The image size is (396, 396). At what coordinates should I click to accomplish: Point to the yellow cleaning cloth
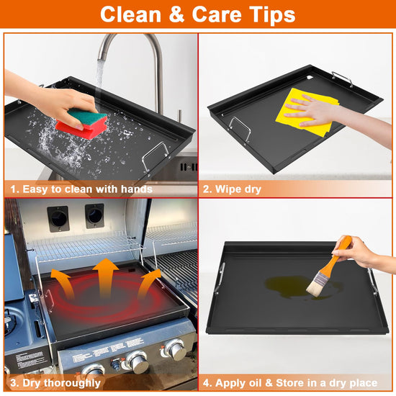pyautogui.click(x=307, y=112)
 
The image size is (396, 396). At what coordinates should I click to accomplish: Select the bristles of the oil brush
pyautogui.click(x=315, y=283)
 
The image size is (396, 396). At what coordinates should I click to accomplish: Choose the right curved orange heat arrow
pyautogui.click(x=148, y=282)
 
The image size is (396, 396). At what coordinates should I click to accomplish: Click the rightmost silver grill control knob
pyautogui.click(x=174, y=349)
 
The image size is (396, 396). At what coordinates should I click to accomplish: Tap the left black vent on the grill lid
pyautogui.click(x=58, y=219)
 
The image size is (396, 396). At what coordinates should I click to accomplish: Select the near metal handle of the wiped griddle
pyautogui.click(x=240, y=130)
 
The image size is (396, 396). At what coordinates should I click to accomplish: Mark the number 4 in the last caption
pyautogui.click(x=207, y=383)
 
